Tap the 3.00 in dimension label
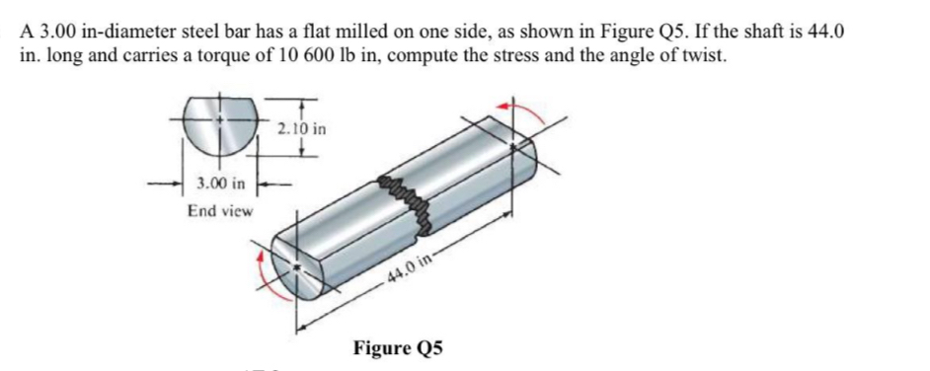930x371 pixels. pos(221,184)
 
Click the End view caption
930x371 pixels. pos(220,210)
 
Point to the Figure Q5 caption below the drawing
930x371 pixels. pos(399,347)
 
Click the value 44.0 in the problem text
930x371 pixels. pos(825,30)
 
